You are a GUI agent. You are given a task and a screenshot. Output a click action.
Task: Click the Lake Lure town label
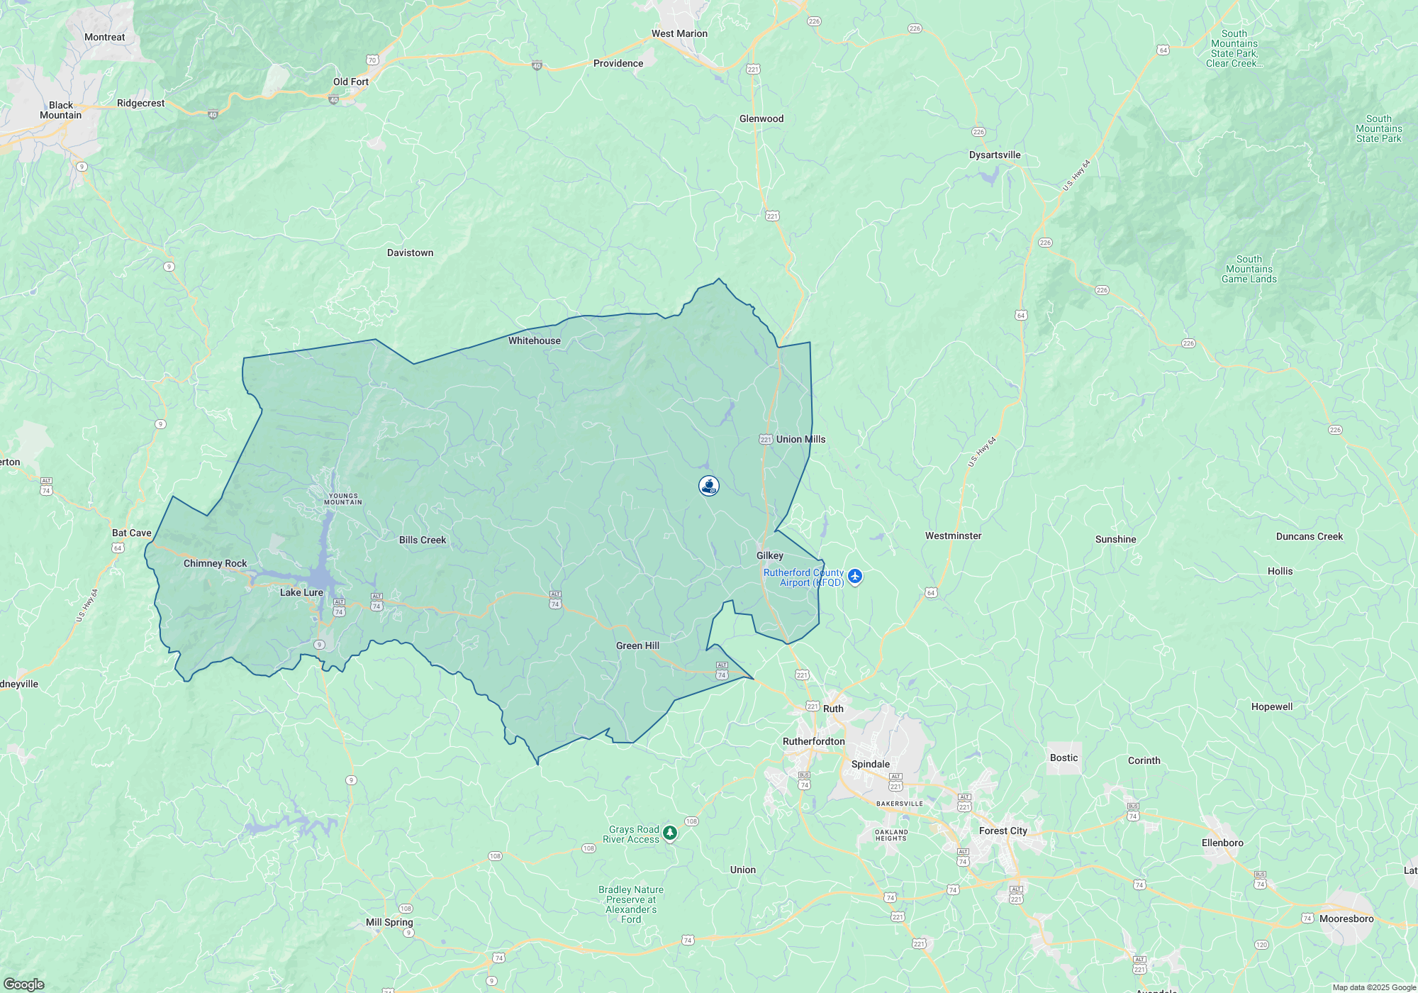301,592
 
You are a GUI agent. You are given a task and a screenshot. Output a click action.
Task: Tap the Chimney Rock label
215,563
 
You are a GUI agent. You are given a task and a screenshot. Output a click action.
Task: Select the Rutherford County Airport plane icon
855,576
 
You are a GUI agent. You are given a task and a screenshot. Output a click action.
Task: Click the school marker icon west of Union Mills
709,486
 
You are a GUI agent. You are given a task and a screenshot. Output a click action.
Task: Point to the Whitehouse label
534,340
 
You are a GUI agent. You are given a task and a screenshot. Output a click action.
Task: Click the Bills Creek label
423,540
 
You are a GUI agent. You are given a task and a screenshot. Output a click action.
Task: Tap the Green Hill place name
637,645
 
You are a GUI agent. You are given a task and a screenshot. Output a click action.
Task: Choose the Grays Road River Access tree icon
670,833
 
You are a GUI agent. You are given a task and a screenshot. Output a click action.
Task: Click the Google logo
24,984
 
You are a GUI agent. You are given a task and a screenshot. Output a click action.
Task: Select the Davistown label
410,253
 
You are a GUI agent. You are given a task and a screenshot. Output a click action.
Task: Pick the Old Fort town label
351,82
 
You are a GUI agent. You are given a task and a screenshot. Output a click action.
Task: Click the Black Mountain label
61,110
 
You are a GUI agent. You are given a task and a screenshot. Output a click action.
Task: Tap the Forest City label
1003,831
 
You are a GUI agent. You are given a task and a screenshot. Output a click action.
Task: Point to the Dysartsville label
995,155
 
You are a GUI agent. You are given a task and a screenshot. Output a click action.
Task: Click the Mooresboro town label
1346,919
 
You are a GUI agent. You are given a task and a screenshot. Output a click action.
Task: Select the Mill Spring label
389,922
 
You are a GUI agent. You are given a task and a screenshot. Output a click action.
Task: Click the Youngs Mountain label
343,499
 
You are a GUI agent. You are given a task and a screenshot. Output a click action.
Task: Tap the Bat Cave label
132,533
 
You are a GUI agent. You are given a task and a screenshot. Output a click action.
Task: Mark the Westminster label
953,536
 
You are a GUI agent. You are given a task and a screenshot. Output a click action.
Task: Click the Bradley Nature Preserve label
631,904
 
